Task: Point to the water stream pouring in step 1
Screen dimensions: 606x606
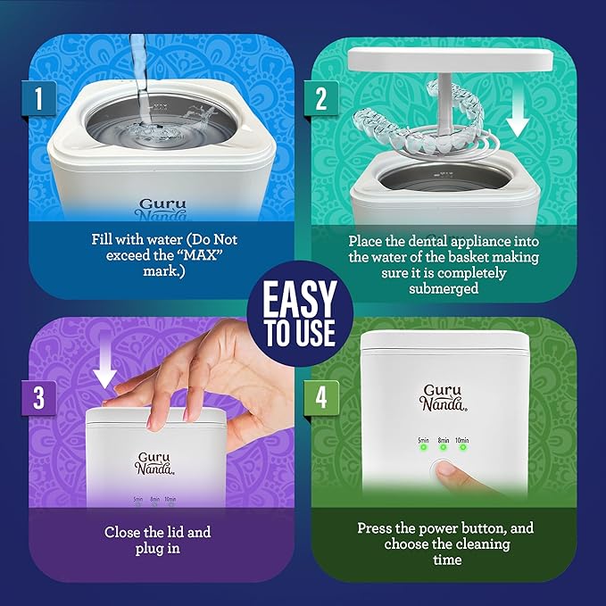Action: tap(137, 58)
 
